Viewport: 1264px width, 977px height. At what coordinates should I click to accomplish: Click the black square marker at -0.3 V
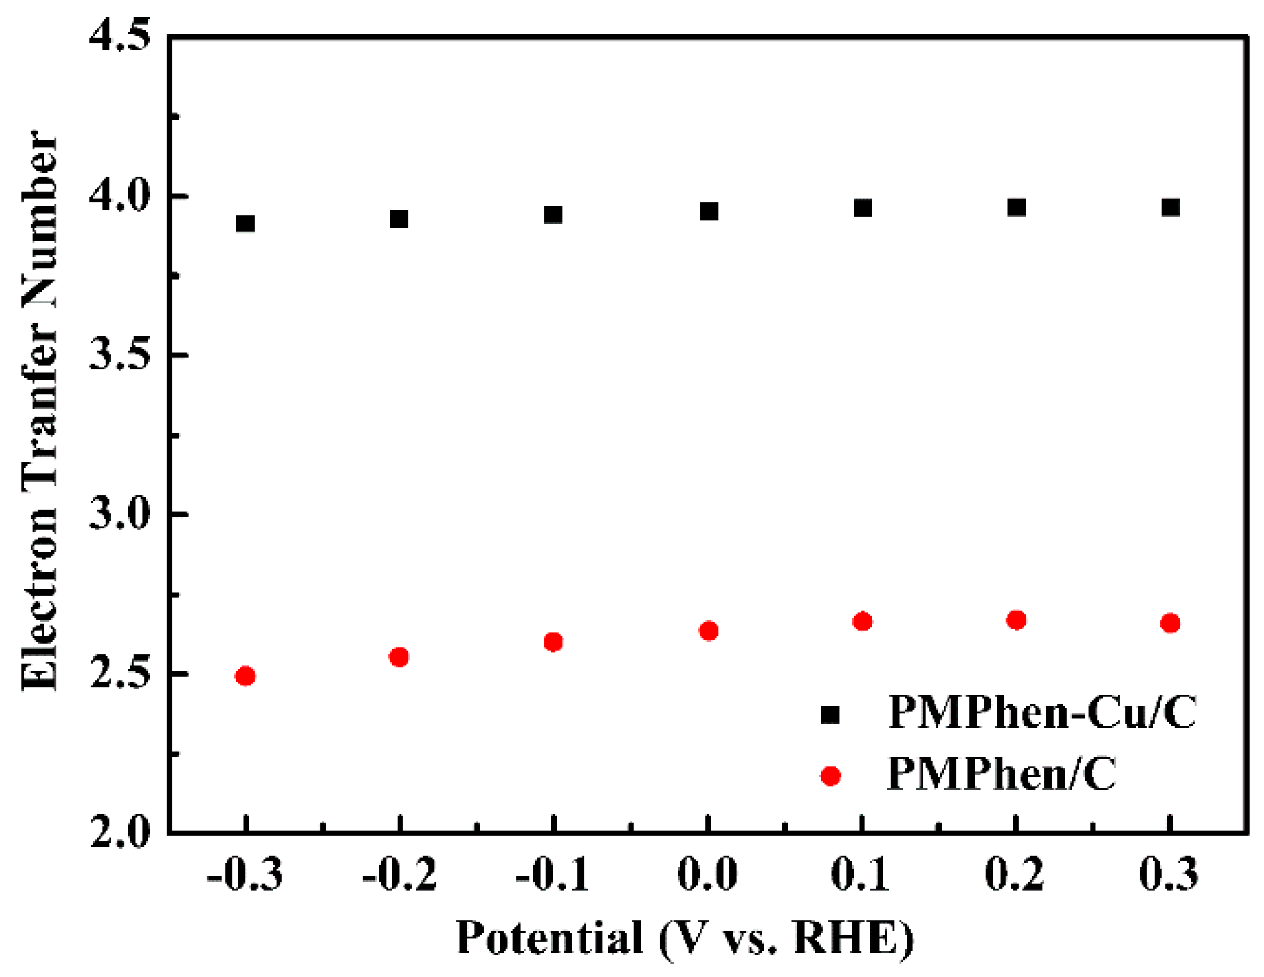point(245,223)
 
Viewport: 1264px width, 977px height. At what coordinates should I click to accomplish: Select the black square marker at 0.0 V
point(709,212)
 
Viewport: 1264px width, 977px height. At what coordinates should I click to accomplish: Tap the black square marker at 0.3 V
point(1171,207)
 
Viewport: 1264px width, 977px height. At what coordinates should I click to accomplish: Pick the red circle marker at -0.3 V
point(245,675)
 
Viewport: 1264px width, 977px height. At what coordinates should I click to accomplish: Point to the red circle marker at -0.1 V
point(553,642)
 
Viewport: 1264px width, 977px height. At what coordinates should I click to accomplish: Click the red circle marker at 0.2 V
point(1016,620)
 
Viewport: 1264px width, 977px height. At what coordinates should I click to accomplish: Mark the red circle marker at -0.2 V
point(399,656)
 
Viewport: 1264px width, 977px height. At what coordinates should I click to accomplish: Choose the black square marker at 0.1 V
point(862,208)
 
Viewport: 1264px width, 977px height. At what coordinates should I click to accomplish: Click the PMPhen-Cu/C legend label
point(1042,712)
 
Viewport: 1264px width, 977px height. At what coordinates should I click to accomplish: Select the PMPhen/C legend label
point(1001,774)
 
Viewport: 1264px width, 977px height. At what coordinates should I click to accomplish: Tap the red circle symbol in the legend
point(830,776)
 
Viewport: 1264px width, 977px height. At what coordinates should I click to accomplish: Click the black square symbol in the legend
point(830,714)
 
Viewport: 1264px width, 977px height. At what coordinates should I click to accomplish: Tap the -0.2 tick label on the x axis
point(399,875)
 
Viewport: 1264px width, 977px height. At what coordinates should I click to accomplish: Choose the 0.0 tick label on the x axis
point(708,875)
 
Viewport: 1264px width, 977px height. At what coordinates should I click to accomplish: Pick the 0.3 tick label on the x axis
point(1169,875)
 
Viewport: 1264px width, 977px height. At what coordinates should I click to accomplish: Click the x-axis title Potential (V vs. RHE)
point(685,937)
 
